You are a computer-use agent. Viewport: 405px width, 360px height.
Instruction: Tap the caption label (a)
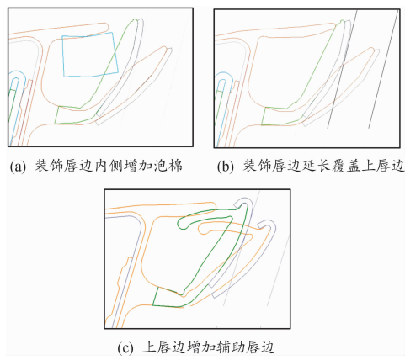tap(18, 166)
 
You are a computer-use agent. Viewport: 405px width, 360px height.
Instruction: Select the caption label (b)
tap(225, 167)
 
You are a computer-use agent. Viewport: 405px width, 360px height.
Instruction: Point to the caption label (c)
tap(125, 348)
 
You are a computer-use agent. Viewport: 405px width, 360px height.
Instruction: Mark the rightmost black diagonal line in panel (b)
tap(383, 70)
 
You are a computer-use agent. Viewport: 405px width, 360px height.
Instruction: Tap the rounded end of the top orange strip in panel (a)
tap(108, 27)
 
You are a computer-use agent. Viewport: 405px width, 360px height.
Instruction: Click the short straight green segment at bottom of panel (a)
tap(57, 114)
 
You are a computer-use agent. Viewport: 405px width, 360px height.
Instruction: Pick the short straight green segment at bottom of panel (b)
tap(264, 116)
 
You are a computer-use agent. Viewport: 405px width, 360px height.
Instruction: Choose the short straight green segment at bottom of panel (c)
tap(156, 296)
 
